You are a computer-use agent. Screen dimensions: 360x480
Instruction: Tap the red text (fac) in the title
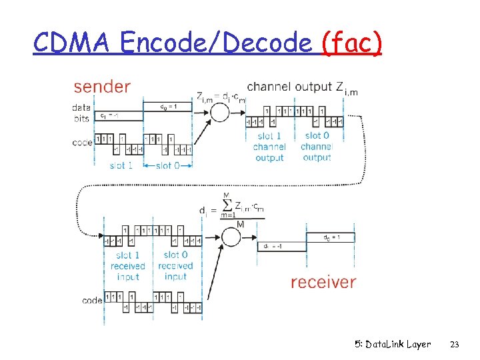point(351,43)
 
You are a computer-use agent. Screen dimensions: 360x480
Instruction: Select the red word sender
point(102,87)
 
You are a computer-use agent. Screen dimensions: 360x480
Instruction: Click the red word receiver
point(323,282)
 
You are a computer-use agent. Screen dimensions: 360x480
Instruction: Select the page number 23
point(455,345)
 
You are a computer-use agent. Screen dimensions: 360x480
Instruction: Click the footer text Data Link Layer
point(393,345)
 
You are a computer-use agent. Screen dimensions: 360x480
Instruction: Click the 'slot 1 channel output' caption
point(269,147)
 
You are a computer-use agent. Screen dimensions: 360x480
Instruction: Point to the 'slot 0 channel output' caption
point(317,147)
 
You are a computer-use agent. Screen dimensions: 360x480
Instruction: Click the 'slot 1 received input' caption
point(127,265)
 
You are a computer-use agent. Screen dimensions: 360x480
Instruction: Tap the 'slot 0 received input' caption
point(175,265)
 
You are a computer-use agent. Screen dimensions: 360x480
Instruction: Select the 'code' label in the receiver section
point(92,301)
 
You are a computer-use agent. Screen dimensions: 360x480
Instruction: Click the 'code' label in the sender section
point(82,142)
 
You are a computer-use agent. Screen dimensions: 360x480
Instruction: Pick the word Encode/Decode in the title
point(217,43)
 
